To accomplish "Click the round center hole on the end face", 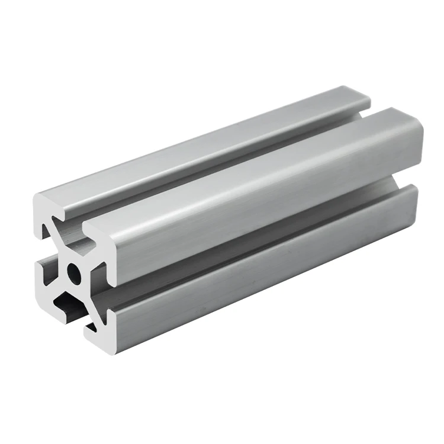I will point(73,272).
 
